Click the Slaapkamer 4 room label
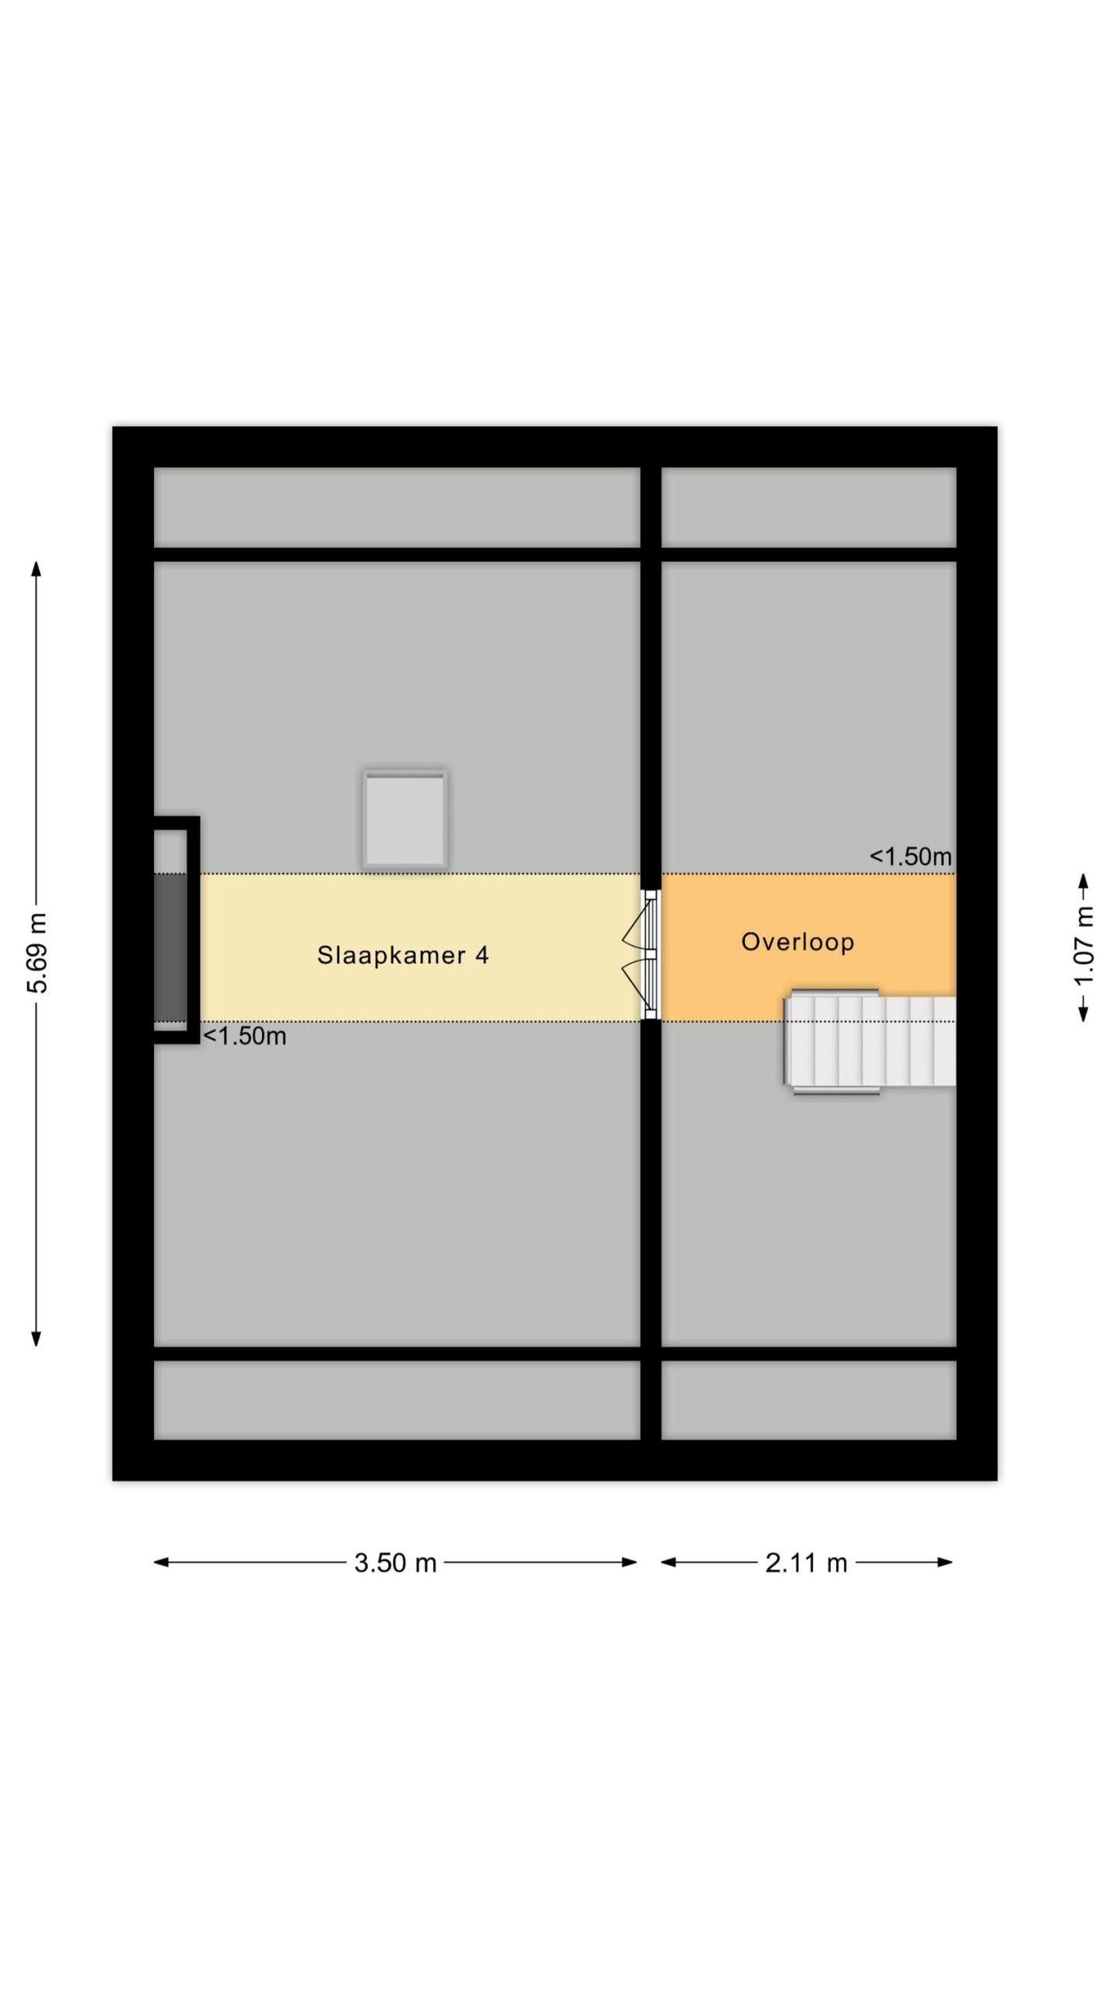pyautogui.click(x=403, y=955)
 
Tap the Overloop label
pyautogui.click(x=797, y=942)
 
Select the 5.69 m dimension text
pyautogui.click(x=37, y=953)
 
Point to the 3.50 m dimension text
pyautogui.click(x=395, y=1562)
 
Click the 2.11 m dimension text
pyautogui.click(x=806, y=1562)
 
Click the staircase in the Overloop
pyautogui.click(x=869, y=1041)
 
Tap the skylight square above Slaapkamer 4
pyautogui.click(x=404, y=819)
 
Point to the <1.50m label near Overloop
pyautogui.click(x=910, y=856)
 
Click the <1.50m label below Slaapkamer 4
pyautogui.click(x=244, y=1036)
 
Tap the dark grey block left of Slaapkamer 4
pyautogui.click(x=170, y=947)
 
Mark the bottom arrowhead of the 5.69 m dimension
pyautogui.click(x=36, y=1338)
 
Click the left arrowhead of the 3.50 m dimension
pyautogui.click(x=161, y=1562)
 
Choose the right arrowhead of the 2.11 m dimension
pyautogui.click(x=945, y=1562)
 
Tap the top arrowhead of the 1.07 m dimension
pyautogui.click(x=1083, y=881)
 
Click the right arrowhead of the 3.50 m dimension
pyautogui.click(x=630, y=1562)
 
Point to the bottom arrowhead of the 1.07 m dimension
pyautogui.click(x=1083, y=1013)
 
